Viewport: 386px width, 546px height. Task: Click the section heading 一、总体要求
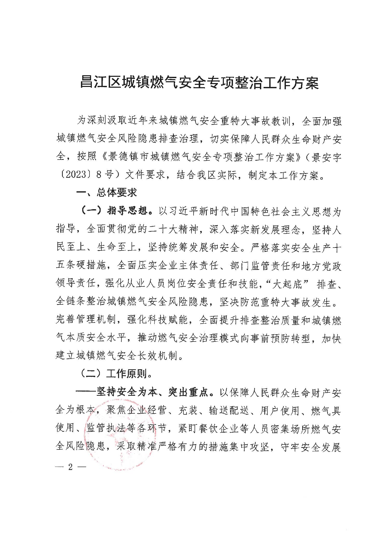point(106,193)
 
